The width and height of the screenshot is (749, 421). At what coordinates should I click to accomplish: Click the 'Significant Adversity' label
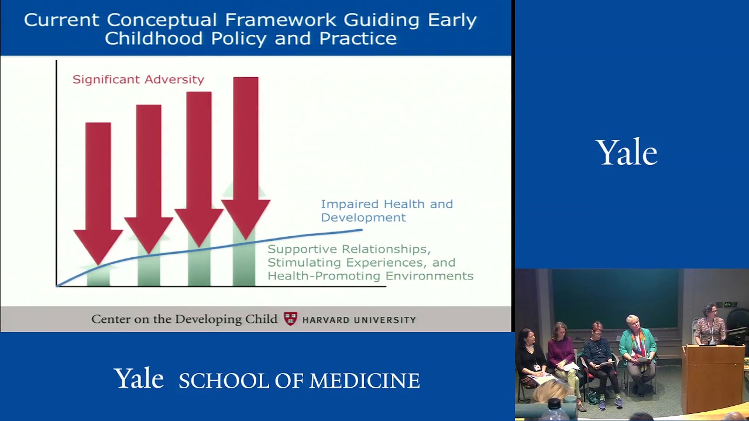point(138,80)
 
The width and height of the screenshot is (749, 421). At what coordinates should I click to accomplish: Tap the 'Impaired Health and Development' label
point(386,210)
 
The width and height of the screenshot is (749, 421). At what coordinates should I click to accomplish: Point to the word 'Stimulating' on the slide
point(303,263)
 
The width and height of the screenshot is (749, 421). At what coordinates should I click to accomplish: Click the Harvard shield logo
point(290,319)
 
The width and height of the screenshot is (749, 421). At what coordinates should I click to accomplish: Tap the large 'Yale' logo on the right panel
point(626,153)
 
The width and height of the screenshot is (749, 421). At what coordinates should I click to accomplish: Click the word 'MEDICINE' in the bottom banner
point(364,381)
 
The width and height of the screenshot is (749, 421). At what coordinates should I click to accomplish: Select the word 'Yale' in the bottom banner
point(139,379)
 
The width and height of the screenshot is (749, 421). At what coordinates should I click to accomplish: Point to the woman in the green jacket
point(637,351)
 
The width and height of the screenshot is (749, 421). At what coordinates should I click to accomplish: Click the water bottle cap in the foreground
point(554,403)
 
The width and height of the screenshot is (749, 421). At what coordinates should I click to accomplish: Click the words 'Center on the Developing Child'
point(184,319)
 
